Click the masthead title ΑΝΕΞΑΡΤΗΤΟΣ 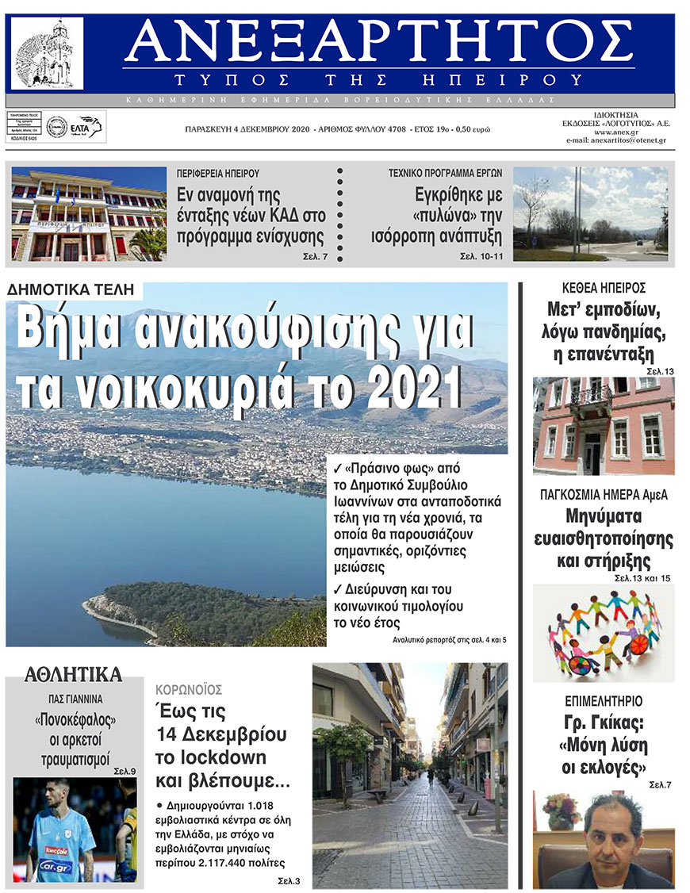coord(379,44)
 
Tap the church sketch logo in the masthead coord(47,54)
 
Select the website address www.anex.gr coord(615,131)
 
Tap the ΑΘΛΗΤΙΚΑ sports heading coord(73,676)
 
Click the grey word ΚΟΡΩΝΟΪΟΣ coord(189,689)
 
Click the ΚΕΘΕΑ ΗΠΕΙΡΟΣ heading coord(604,288)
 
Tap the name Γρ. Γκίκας coord(604,722)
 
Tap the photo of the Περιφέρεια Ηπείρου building coord(88,214)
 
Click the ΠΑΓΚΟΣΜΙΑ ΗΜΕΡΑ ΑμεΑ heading coord(604,494)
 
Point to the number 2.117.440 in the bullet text coord(236,863)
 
